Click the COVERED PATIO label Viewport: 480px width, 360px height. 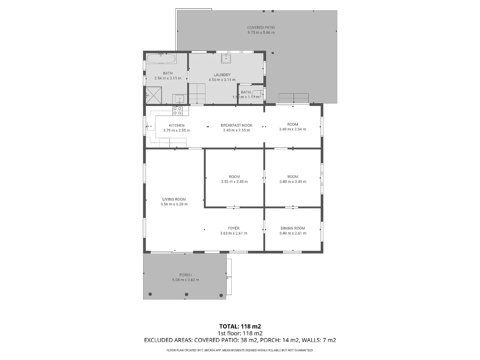click(x=261, y=28)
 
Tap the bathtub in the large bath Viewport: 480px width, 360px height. click(x=161, y=59)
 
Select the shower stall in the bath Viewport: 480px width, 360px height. click(x=154, y=95)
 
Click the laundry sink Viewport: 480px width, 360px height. click(x=226, y=58)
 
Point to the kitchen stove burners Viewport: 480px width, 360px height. click(x=177, y=111)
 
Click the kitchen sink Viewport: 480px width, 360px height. click(x=150, y=126)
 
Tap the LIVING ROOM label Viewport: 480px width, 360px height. click(x=174, y=199)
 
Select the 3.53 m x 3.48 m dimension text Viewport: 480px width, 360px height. click(x=234, y=182)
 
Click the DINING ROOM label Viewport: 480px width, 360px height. click(x=293, y=228)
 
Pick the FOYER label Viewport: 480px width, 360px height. click(x=234, y=228)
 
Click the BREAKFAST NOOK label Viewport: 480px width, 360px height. click(x=236, y=125)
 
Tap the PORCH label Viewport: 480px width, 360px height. click(x=186, y=275)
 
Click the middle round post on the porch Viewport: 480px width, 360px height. click(x=187, y=294)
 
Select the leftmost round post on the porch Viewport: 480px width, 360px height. click(x=150, y=294)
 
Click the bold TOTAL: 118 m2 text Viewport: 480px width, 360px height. click(x=240, y=326)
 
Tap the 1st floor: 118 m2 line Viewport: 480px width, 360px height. click(x=240, y=333)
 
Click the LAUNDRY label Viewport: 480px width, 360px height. click(x=222, y=75)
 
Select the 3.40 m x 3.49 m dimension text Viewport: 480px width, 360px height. click(x=293, y=182)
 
